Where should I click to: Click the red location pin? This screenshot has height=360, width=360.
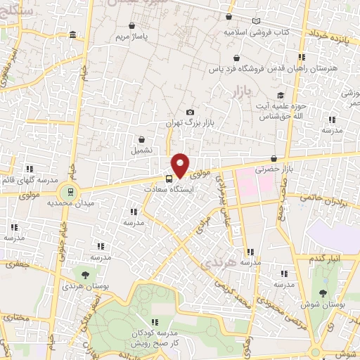(x=180, y=165)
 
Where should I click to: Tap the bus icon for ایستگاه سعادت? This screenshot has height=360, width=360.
(x=169, y=178)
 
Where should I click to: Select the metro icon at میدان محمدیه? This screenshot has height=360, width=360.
(x=70, y=191)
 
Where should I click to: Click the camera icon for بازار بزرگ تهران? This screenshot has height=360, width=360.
(x=190, y=112)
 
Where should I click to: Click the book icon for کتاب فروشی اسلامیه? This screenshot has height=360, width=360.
(x=255, y=22)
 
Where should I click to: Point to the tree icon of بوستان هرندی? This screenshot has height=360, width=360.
(x=85, y=275)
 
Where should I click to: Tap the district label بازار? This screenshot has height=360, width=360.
(x=241, y=92)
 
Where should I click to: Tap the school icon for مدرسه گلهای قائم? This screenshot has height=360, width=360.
(x=30, y=169)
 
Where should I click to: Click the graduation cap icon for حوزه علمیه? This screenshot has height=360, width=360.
(x=281, y=96)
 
